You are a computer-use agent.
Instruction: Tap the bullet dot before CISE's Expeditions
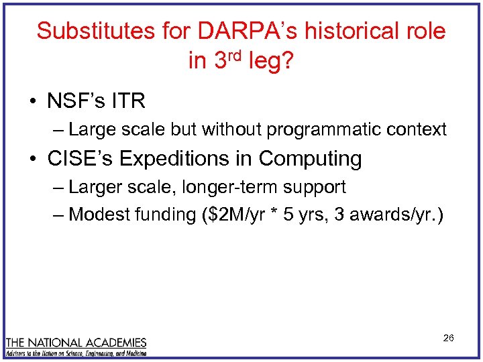34,159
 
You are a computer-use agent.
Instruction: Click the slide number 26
448,338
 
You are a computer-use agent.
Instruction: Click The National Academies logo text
76,343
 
